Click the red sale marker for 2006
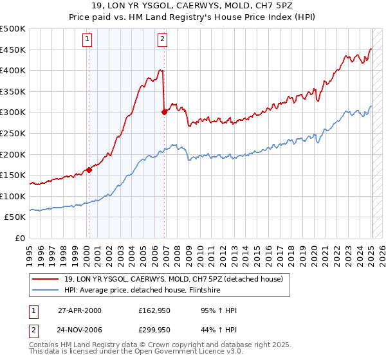coord(164,112)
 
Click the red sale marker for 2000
coord(89,170)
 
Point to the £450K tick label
coord(13,50)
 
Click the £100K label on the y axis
coord(13,196)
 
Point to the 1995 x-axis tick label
coord(30,251)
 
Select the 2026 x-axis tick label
coord(380,251)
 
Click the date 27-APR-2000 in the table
coord(80,310)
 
